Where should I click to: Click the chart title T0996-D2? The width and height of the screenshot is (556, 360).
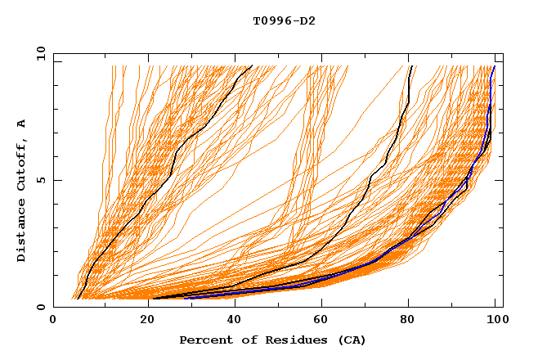coord(284,21)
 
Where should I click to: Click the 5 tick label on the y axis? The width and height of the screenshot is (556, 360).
coord(40,180)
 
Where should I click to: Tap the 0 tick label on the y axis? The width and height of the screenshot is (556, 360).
coord(40,307)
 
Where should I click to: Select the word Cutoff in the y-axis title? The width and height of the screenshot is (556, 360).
coord(21,164)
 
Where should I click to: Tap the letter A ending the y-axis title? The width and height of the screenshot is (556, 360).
coord(21,124)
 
